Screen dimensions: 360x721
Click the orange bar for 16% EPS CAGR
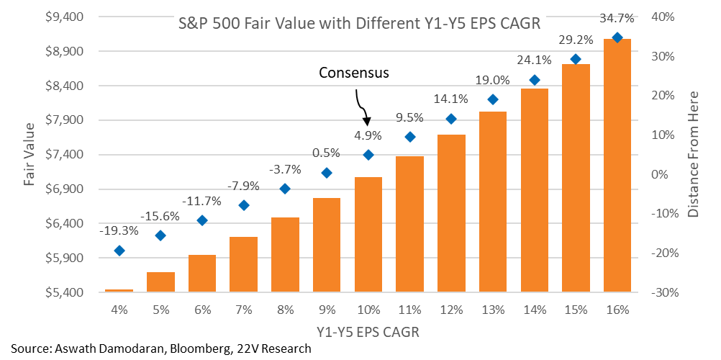[x=617, y=166]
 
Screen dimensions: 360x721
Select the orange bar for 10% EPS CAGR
[x=368, y=235]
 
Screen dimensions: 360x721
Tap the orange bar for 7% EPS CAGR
[x=243, y=264]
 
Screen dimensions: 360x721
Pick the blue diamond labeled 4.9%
[x=368, y=155]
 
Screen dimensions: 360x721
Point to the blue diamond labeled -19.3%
[x=119, y=251]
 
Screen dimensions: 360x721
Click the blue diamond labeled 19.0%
[x=492, y=99]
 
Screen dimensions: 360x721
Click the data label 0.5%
[x=326, y=153]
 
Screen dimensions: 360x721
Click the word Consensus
[x=353, y=73]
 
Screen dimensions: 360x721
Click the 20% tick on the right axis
[x=661, y=96]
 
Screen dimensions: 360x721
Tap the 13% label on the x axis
[x=492, y=310]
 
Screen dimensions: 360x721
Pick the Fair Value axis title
[x=29, y=154]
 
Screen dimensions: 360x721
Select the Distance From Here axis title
[x=694, y=154]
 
